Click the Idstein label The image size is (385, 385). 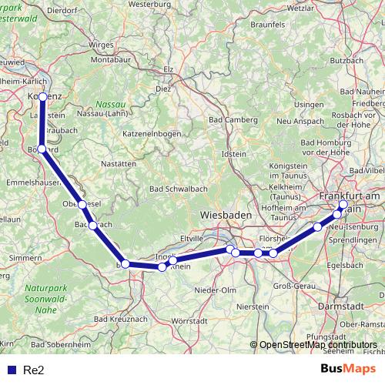click(x=233, y=155)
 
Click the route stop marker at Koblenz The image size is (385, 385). click(x=44, y=97)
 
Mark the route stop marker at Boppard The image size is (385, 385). click(x=42, y=150)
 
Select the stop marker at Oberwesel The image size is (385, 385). click(x=82, y=205)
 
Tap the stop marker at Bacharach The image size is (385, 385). click(x=92, y=226)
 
